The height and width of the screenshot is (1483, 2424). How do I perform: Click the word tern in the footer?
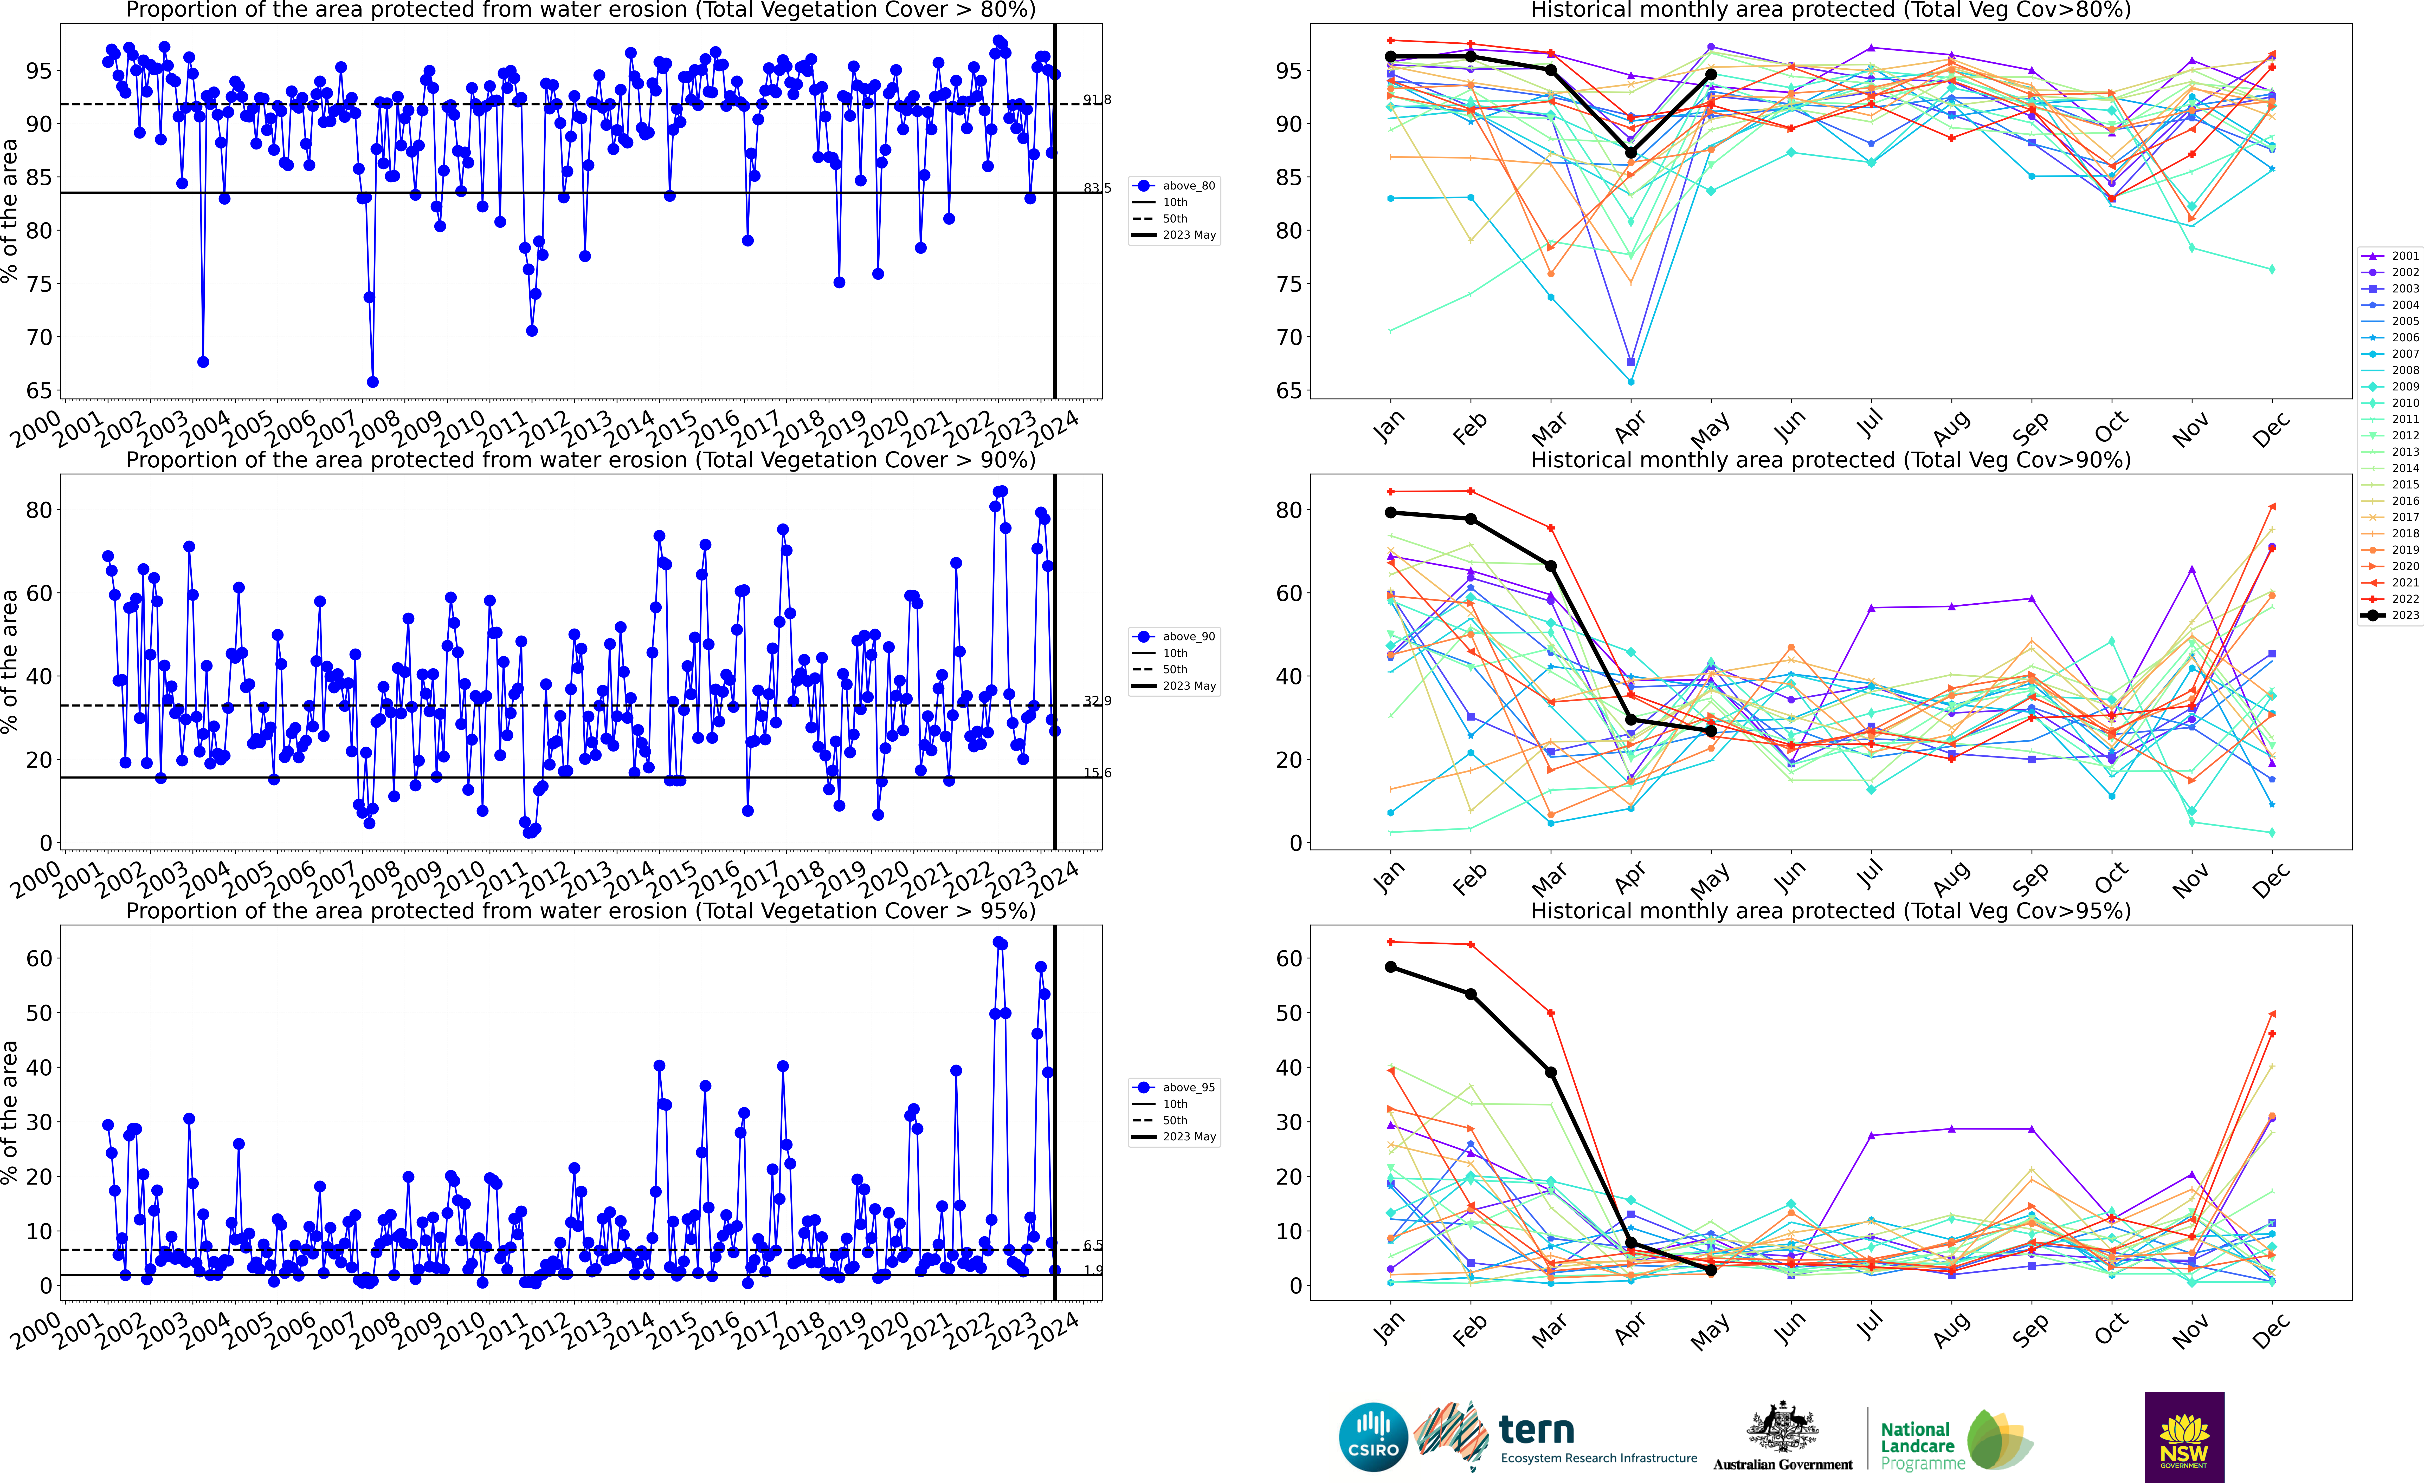coord(1537,1429)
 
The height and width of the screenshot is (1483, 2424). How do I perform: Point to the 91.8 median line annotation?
coord(1097,99)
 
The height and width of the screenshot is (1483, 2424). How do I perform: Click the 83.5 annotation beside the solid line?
coord(1097,188)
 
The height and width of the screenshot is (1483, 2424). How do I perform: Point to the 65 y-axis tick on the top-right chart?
coord(1289,390)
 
